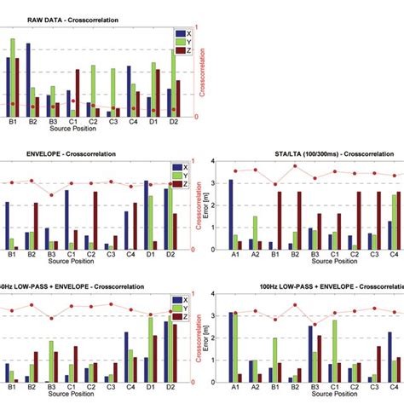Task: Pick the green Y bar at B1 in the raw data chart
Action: pyautogui.click(x=12, y=78)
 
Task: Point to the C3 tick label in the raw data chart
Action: pyautogui.click(x=113, y=123)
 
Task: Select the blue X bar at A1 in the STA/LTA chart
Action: pyautogui.click(x=231, y=214)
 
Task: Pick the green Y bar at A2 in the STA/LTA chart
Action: pyautogui.click(x=255, y=232)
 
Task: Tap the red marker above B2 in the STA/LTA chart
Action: pyautogui.click(x=294, y=166)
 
